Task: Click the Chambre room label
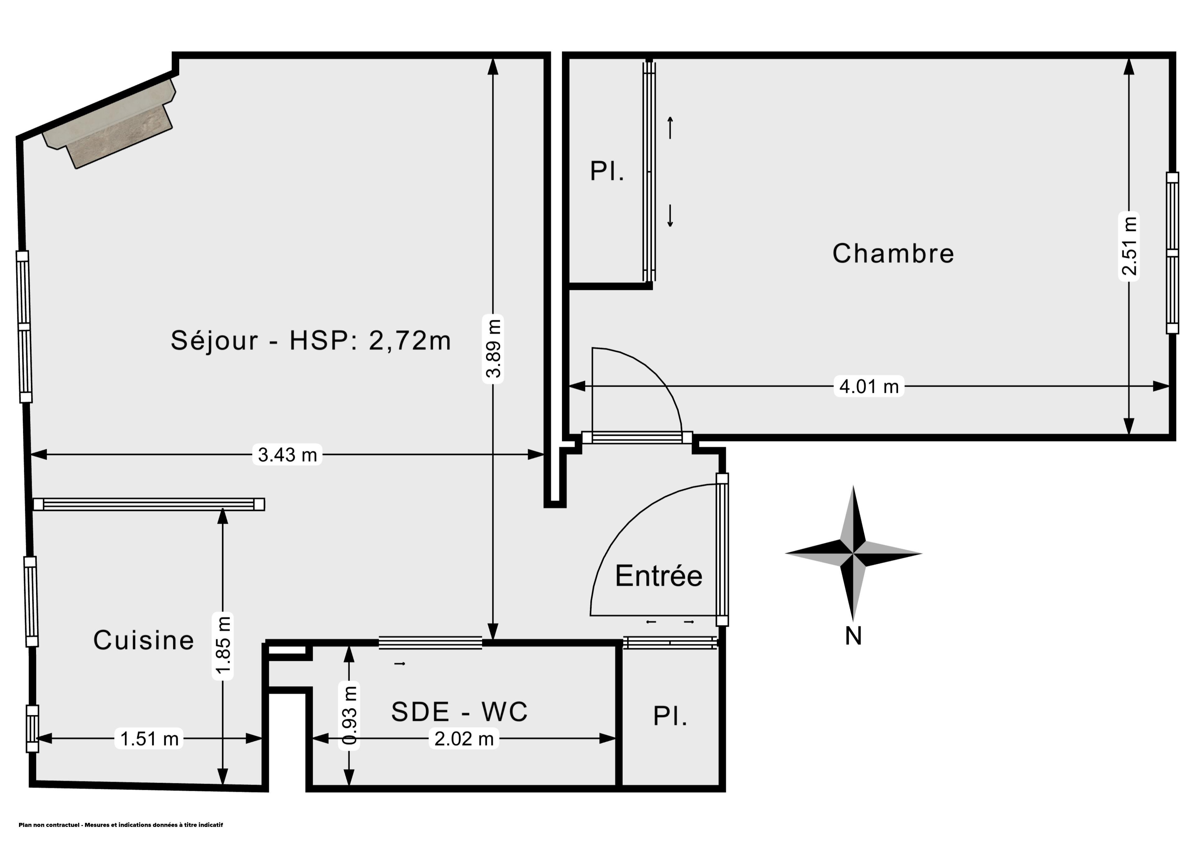click(893, 254)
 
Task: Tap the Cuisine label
click(144, 640)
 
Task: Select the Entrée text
click(658, 576)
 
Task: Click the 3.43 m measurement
click(287, 454)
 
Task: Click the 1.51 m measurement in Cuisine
click(149, 738)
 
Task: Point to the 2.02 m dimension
click(464, 738)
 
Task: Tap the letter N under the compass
click(853, 635)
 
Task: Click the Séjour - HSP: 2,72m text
click(311, 341)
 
